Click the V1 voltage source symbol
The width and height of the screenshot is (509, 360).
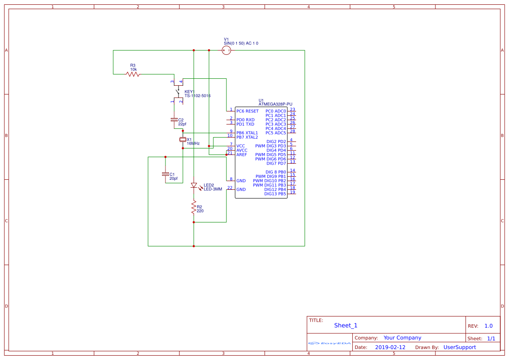226,50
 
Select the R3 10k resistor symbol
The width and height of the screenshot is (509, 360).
133,74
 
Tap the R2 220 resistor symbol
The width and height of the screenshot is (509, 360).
194,208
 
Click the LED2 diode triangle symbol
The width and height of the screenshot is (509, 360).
194,185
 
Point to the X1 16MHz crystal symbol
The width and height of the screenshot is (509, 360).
183,139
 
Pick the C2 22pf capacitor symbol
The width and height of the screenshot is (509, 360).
174,119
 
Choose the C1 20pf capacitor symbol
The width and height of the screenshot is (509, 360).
165,174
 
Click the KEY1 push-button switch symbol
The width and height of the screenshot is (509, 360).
178,92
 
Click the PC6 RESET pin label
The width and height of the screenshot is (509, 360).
247,111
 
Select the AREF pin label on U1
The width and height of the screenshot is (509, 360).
242,155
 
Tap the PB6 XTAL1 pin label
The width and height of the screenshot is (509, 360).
247,133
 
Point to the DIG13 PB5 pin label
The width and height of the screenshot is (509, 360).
275,194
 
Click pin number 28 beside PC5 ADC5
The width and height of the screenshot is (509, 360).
293,131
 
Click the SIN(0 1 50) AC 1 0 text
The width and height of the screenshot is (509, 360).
241,44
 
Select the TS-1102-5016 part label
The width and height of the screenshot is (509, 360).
197,96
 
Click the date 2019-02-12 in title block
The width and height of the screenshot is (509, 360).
390,347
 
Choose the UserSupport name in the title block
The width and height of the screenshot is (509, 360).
459,347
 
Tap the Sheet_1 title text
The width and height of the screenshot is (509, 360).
345,325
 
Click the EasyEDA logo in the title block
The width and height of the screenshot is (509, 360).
330,343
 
